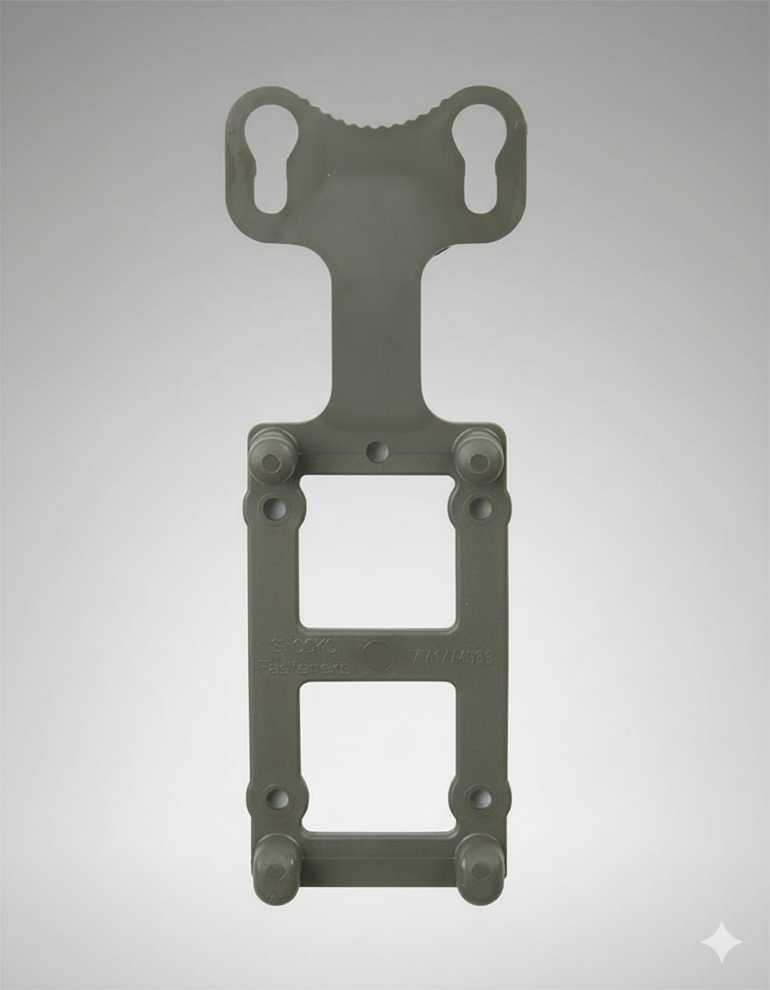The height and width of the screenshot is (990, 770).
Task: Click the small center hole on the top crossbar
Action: [376, 450]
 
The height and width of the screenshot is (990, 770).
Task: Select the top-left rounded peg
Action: [272, 457]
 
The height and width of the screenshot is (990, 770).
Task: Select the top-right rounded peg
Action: [478, 457]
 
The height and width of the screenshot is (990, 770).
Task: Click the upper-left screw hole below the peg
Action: [276, 509]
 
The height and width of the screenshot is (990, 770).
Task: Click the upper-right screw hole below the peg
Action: [479, 508]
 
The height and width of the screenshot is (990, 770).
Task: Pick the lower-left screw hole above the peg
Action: [277, 798]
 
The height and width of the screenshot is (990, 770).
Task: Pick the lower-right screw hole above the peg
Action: [479, 798]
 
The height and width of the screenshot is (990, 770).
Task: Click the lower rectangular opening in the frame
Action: [377, 756]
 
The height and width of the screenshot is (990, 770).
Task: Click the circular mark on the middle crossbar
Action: [376, 657]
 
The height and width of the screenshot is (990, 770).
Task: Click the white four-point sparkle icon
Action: [721, 943]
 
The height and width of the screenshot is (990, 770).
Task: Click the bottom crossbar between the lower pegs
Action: [377, 851]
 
